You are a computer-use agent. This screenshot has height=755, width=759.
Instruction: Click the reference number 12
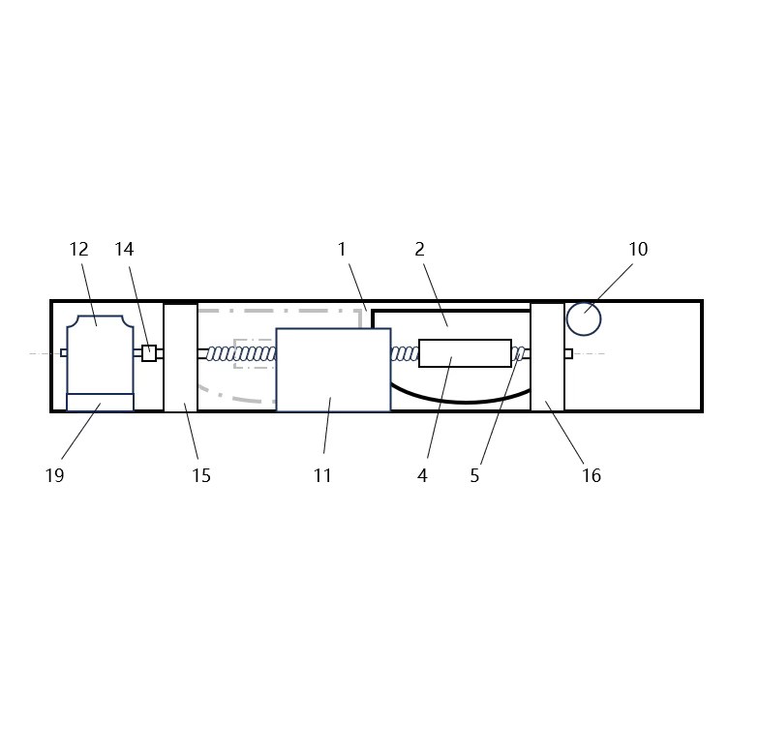tap(79, 250)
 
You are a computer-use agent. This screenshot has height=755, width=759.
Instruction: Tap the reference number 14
tap(124, 250)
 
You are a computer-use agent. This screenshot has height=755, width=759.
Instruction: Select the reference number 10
tap(638, 250)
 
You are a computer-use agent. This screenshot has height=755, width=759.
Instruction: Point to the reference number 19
tap(54, 475)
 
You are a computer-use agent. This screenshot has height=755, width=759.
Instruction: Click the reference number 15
tap(201, 475)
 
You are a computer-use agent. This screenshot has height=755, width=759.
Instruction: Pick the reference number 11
tap(322, 475)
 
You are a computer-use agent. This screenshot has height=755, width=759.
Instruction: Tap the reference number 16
tap(591, 475)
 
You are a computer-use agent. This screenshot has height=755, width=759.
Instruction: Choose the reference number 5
tap(474, 475)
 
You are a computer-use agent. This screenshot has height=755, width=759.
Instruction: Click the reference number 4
tap(422, 475)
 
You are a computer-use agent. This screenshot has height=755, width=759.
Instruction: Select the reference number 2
tap(420, 250)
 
